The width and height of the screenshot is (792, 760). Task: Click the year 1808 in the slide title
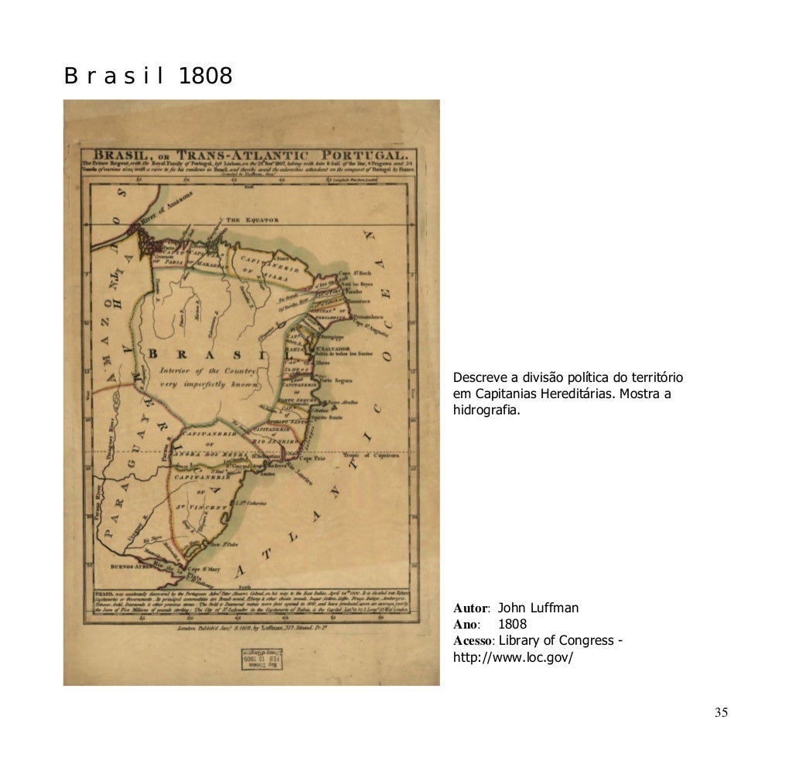coord(205,77)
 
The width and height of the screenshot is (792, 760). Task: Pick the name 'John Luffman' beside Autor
coord(538,608)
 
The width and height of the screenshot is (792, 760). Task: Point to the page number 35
coord(721,713)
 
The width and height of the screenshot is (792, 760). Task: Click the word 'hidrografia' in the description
coord(486,411)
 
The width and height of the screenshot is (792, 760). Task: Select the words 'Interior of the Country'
coord(209,371)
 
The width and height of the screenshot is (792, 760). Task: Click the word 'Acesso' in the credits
coord(473,641)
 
